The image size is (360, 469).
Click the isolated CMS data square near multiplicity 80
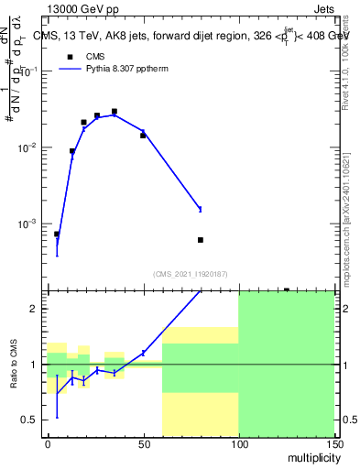click(201, 240)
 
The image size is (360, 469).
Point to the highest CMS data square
click(115, 112)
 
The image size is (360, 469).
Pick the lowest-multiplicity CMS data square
click(57, 234)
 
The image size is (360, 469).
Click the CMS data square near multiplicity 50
click(143, 136)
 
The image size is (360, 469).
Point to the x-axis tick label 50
click(143, 443)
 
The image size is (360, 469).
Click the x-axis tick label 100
click(238, 443)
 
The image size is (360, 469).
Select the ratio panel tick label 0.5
click(33, 420)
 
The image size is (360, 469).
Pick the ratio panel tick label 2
click(38, 309)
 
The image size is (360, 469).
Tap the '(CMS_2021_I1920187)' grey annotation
click(191, 273)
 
